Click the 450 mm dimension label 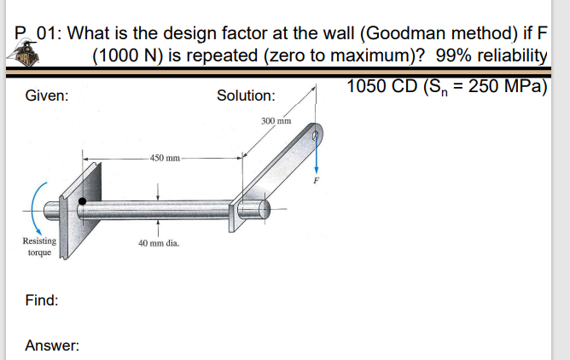165,158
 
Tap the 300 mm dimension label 276,122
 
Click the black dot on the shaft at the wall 82,202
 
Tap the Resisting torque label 39,247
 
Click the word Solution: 246,96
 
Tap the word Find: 42,300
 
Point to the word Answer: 52,345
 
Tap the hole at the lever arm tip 317,135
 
